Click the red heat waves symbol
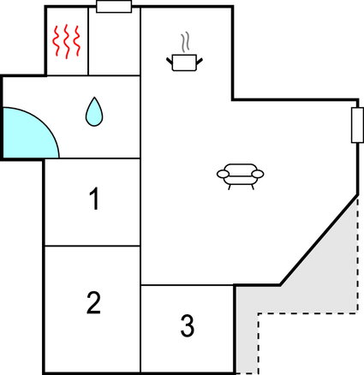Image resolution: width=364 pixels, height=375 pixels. tap(67, 41)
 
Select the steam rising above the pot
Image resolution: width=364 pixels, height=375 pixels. tap(185, 42)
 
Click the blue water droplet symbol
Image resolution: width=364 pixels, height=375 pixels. tap(94, 112)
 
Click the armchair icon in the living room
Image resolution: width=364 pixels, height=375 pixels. tap(240, 176)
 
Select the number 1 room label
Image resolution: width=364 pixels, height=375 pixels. tap(94, 199)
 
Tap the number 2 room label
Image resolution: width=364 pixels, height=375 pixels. tap(93, 302)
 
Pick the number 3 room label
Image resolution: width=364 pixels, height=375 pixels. tap(188, 325)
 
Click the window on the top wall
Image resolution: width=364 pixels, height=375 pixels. tap(114, 7)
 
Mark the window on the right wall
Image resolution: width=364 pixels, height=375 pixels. tap(357, 125)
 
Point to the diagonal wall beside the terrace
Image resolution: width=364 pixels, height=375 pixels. tap(319, 240)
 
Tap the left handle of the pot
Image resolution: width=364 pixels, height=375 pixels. tap(170, 61)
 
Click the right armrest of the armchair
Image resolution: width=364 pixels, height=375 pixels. tap(258, 174)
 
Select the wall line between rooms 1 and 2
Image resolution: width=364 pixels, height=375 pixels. tap(92, 246)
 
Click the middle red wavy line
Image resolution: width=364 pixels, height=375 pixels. tap(67, 42)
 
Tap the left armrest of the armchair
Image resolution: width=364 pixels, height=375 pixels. tap(223, 174)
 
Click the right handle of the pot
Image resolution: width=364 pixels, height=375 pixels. tap(200, 61)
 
